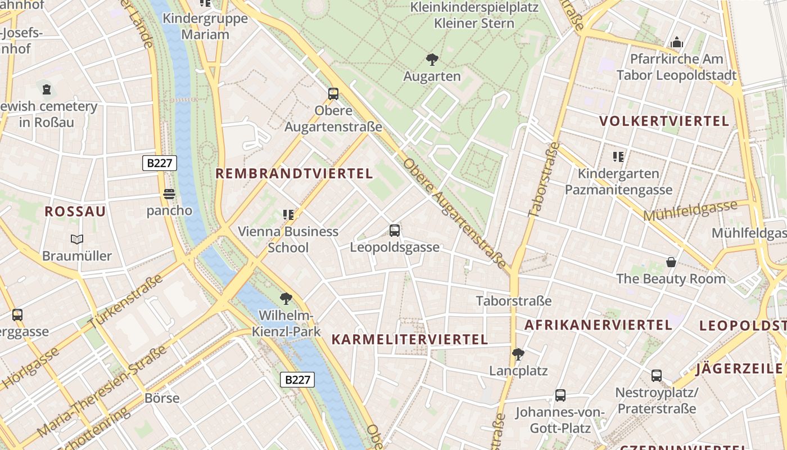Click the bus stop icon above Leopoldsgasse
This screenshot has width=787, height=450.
pyautogui.click(x=395, y=230)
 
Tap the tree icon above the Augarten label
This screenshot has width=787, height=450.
pyautogui.click(x=432, y=59)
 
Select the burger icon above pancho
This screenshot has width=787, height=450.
pyautogui.click(x=169, y=195)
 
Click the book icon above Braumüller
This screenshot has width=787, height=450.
pyautogui.click(x=77, y=239)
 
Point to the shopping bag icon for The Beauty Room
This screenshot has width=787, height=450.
pyautogui.click(x=671, y=262)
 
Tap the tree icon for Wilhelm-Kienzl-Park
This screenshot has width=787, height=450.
pyautogui.click(x=286, y=298)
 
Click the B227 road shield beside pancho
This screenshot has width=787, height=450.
pyautogui.click(x=160, y=163)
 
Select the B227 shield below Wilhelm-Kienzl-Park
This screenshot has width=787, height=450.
pyautogui.click(x=297, y=379)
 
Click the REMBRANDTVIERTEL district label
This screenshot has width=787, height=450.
pyautogui.click(x=294, y=174)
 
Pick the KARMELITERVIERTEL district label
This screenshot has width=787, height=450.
pyautogui.click(x=409, y=339)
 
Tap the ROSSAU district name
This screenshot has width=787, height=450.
pyautogui.click(x=75, y=211)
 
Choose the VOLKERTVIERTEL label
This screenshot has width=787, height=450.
pyautogui.click(x=664, y=121)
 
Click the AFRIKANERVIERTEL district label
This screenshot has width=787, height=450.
pyautogui.click(x=598, y=325)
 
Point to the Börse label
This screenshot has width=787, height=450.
pyautogui.click(x=162, y=398)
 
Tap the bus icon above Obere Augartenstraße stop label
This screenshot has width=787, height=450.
pyautogui.click(x=333, y=94)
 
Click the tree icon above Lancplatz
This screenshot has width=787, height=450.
pyautogui.click(x=518, y=354)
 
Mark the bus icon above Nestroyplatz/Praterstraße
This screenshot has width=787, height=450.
pyautogui.click(x=656, y=376)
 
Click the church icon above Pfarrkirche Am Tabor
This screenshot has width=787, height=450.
pyautogui.click(x=676, y=43)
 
